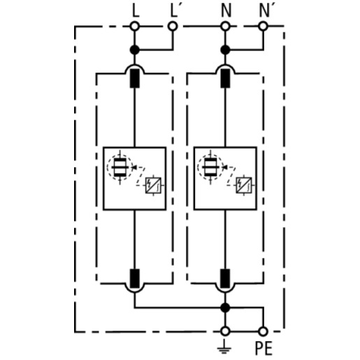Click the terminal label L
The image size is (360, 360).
coord(136,10)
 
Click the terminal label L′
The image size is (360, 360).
coord(174,10)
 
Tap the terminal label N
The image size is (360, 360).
coord(226,10)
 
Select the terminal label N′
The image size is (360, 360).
coord(264,10)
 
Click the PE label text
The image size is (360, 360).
coord(264,348)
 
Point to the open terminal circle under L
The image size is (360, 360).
coord(134,27)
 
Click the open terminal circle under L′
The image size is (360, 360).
coord(173,27)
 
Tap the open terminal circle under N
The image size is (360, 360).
coord(225,27)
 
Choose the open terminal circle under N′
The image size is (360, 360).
coord(263,27)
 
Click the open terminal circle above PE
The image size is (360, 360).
coord(263,331)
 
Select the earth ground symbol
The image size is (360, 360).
coord(224,347)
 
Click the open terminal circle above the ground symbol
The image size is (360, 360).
coord(225,331)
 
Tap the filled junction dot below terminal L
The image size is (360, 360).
coord(134,50)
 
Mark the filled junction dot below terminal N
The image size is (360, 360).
coord(225,50)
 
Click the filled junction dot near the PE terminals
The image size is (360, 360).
coord(225,308)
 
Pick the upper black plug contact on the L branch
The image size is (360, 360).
coord(134,79)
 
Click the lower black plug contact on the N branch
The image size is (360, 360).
coord(225,278)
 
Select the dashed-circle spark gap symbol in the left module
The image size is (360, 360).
coord(120,167)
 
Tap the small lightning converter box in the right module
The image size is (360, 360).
coord(244,185)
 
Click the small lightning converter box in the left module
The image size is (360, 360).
coord(153,185)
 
